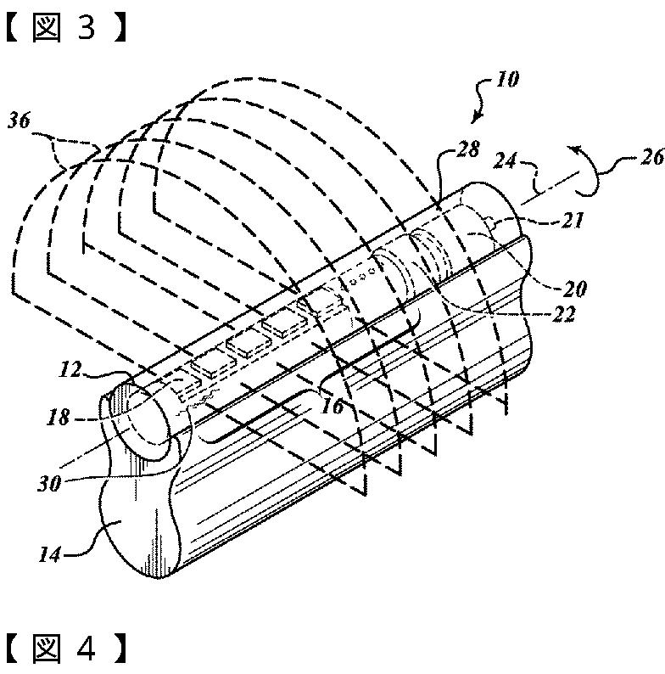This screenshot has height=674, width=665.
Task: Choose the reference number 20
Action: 575,289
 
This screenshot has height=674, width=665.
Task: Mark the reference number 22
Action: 561,314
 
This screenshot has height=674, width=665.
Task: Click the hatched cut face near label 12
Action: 118,399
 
